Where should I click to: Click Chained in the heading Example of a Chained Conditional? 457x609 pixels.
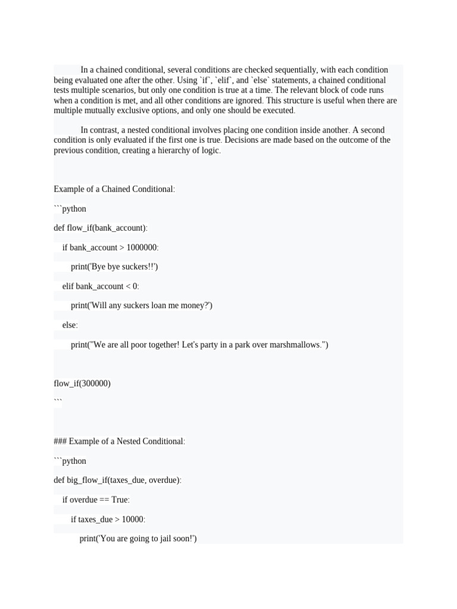tap(119, 189)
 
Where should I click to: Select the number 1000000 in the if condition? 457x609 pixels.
tap(140, 247)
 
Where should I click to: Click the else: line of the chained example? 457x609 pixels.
tap(70, 325)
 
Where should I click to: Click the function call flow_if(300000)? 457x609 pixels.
tap(82, 384)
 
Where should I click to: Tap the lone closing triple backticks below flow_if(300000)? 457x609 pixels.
tap(57, 402)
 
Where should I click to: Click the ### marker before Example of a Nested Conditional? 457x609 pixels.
tap(60, 441)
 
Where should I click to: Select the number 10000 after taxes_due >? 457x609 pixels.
tap(133, 519)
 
